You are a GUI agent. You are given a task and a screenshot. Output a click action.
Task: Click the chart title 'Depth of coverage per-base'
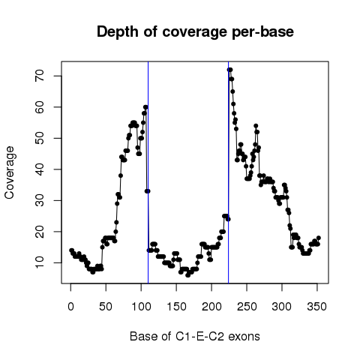(x=195, y=32)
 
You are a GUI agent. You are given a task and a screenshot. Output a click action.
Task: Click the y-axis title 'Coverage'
(x=10, y=172)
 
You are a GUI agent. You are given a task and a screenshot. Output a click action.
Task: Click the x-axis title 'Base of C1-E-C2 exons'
(x=195, y=336)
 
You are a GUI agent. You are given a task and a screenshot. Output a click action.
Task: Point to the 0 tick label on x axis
(x=70, y=307)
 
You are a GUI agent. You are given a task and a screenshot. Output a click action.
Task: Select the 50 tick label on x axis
(x=106, y=307)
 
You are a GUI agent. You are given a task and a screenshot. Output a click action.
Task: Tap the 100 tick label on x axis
(x=141, y=307)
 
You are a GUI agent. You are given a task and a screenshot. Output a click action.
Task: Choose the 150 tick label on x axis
(x=176, y=307)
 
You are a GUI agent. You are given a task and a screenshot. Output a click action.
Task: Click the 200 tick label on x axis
(x=211, y=307)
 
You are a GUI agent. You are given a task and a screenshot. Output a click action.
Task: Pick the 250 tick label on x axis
(x=247, y=307)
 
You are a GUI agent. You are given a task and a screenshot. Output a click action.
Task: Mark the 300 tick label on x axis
(x=282, y=307)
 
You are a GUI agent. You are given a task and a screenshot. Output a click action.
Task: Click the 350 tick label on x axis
(x=317, y=307)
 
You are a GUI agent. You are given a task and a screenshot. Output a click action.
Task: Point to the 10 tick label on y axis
(x=40, y=262)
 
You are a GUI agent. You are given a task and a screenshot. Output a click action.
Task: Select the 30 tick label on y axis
(x=40, y=200)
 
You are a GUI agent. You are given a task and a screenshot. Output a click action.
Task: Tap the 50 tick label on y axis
(x=40, y=138)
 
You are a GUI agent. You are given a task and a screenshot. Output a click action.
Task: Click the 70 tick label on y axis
(x=40, y=76)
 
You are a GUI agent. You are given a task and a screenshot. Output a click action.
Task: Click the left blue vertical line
(x=148, y=172)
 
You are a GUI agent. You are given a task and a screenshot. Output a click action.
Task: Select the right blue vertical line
(x=229, y=172)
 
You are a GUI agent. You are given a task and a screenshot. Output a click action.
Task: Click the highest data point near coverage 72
(x=229, y=70)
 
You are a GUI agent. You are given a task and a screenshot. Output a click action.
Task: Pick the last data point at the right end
(x=319, y=238)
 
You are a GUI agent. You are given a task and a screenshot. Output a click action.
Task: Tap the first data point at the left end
(x=71, y=250)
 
